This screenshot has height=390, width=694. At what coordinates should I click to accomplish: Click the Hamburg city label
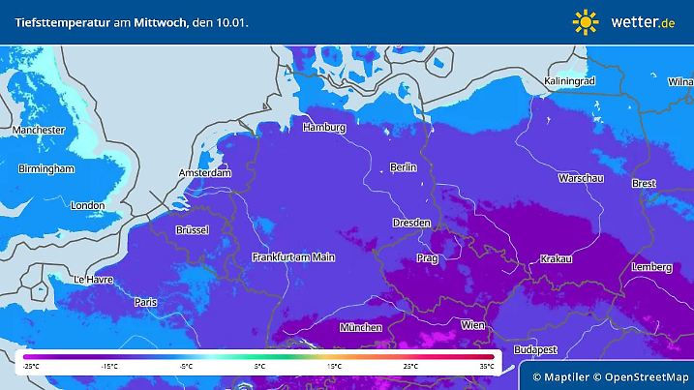tap(324, 128)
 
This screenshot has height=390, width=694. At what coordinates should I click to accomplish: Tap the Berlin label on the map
tap(403, 167)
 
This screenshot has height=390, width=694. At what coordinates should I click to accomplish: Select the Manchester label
tap(39, 130)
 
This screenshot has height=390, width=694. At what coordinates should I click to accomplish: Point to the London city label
tap(87, 205)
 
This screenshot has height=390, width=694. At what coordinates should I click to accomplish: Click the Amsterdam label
tap(205, 173)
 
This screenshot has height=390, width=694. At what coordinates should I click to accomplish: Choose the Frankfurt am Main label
tap(292, 256)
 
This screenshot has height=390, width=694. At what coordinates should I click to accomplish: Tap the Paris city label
tap(146, 302)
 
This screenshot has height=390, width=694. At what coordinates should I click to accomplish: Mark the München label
tap(360, 328)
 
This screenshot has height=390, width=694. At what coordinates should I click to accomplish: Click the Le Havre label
tap(93, 280)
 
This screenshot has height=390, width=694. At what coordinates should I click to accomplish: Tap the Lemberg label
tap(650, 267)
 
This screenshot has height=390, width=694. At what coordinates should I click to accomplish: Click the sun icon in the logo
tap(586, 21)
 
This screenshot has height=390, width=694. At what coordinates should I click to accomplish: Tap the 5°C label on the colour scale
tap(259, 367)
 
